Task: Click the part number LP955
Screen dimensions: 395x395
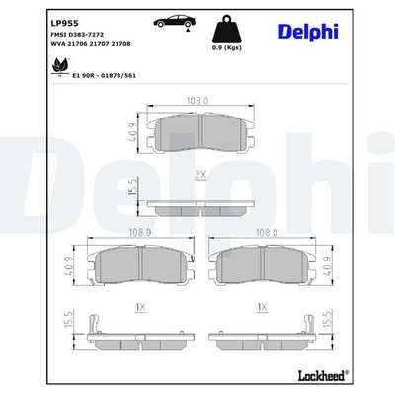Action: tap(64, 23)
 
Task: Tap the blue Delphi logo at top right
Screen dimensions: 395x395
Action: tap(308, 32)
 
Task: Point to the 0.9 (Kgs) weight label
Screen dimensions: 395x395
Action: tap(226, 48)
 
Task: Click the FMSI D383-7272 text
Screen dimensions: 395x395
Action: tap(77, 35)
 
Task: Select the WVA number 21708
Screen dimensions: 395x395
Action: tap(121, 44)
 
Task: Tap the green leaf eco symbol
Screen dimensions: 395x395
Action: tap(60, 66)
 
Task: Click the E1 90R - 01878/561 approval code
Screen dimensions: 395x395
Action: tap(104, 76)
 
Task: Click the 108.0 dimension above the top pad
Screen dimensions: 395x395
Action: tap(197, 100)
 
